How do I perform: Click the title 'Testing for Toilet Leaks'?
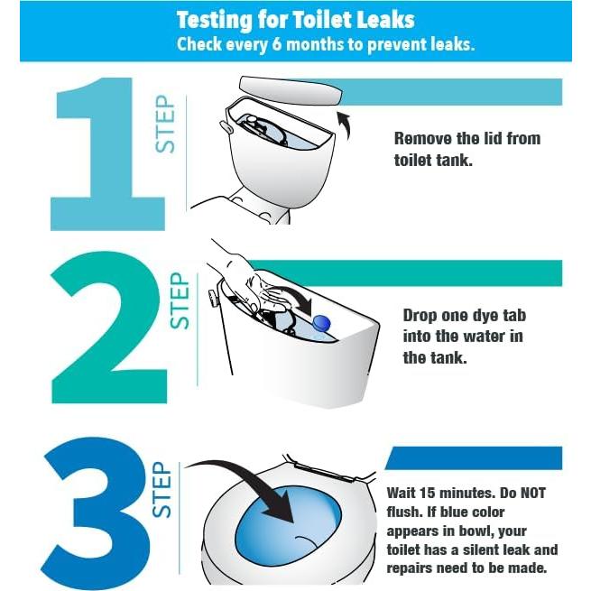[x=296, y=20]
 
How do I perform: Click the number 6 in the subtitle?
[x=276, y=44]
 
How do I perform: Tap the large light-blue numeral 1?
[x=107, y=153]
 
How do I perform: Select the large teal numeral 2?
[x=108, y=328]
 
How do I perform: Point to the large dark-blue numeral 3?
[x=97, y=513]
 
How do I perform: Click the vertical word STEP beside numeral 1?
[x=165, y=124]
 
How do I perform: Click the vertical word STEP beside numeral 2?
[x=180, y=300]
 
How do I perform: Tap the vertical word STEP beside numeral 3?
[x=162, y=490]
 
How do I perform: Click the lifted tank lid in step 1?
[x=291, y=90]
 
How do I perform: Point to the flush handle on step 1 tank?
[x=226, y=126]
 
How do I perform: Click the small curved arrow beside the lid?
[x=345, y=125]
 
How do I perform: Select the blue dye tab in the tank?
[x=321, y=323]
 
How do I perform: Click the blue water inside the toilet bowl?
[x=289, y=526]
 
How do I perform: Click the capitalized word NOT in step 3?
[x=532, y=493]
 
